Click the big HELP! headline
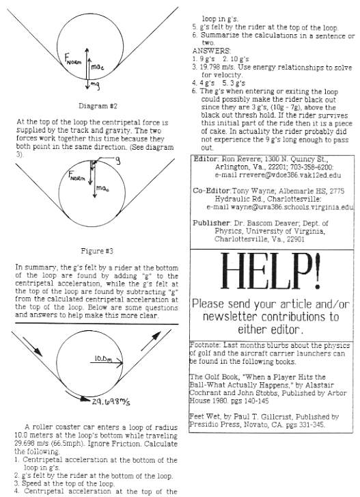coord(271,272)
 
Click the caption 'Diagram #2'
coord(98,106)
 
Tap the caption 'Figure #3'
coord(97,252)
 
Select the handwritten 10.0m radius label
coord(103,359)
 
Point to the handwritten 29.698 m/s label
coord(111,402)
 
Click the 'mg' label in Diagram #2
coord(95,84)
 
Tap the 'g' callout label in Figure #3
coord(117,161)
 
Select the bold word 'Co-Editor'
coord(212,191)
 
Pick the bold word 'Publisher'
coord(212,223)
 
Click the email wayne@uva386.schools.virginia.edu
coord(292,207)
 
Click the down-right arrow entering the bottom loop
coord(32,346)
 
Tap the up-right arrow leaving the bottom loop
coord(151,341)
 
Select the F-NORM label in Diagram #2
coord(73,59)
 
